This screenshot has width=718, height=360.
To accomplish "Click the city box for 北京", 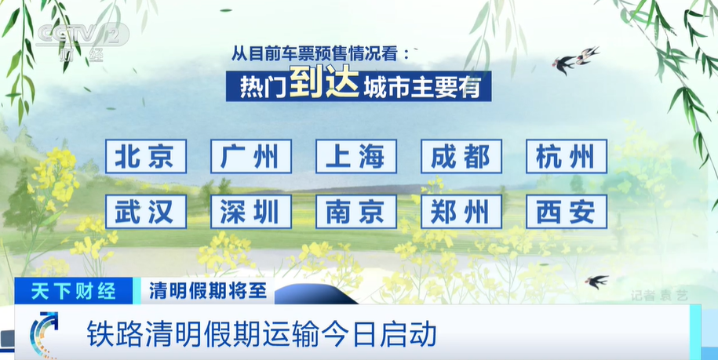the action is click(146, 156).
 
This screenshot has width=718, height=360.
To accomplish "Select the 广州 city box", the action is click(251, 156).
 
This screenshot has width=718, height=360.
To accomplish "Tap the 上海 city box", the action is click(356, 156).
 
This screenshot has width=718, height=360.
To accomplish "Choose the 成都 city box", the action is click(461, 156).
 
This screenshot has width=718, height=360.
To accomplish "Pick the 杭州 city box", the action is click(567, 156).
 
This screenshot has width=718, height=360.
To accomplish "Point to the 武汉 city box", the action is click(146, 212).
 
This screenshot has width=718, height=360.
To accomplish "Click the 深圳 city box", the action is click(251, 212).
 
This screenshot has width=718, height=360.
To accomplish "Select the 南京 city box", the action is click(356, 212).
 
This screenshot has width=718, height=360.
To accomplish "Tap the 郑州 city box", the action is click(461, 212).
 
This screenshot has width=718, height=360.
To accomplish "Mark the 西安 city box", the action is click(567, 212).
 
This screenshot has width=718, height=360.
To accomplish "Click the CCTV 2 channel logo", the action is click(82, 41).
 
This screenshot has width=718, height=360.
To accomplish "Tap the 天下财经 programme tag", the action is click(73, 291).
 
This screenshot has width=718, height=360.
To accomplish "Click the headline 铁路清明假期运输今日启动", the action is click(261, 334).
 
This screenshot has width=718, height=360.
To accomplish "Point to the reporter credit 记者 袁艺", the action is click(659, 296).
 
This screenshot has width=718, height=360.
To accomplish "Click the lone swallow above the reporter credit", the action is click(596, 281).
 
